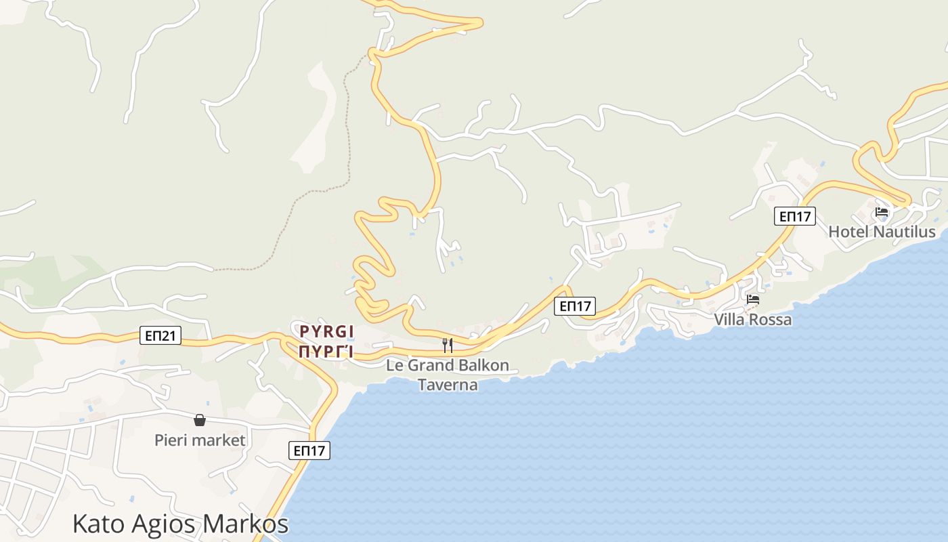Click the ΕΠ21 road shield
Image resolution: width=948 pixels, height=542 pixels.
pos(160,335)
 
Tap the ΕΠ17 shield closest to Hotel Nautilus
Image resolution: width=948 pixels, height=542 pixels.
pos(795,216)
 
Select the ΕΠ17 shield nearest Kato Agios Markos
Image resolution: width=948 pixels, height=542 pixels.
pos(309,451)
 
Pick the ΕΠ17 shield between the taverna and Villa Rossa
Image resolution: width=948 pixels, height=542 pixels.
pos(574,306)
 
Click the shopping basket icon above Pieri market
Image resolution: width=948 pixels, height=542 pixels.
pos(200,420)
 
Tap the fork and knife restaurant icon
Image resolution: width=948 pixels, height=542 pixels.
pos(447,346)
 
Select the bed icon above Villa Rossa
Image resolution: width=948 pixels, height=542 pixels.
pos(753,299)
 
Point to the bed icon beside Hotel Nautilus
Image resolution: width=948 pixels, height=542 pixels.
pos(882,212)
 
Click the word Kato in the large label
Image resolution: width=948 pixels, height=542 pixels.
pos(99,524)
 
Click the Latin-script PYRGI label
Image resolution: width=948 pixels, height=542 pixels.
pos(327,331)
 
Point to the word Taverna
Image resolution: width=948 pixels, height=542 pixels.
pos(448,385)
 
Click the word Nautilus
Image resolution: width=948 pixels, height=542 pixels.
pos(904,232)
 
